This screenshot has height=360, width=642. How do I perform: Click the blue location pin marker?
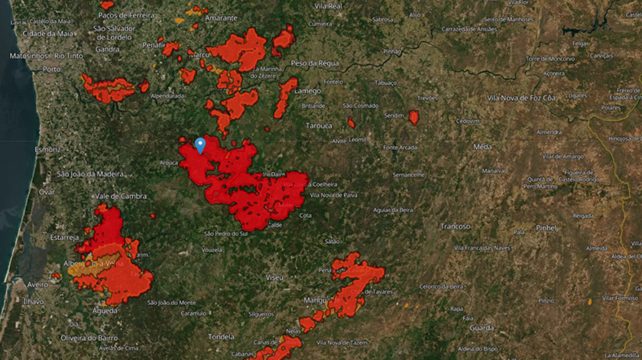pos(200,144)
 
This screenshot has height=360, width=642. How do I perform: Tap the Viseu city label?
pos(273,276)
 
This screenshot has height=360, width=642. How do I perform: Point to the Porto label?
pos(51,69)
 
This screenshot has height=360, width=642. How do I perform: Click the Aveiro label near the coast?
pos(37,284)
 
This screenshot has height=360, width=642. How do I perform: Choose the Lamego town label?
pos(307,90)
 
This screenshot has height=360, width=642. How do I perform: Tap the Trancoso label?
pos(456,226)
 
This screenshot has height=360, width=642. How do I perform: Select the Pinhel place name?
pos(546,228)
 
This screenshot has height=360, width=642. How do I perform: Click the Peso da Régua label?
pos(314,63)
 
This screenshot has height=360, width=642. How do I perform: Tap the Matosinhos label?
pos(28,56)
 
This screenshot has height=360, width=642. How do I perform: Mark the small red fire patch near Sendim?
pos(413,117)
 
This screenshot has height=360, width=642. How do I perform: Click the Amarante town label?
pos(221,18)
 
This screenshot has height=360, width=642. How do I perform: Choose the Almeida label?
pos(598,248)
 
